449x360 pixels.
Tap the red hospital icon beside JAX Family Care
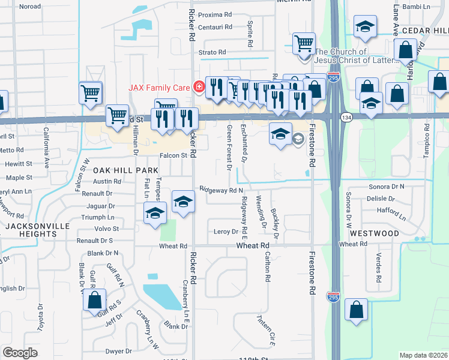[198, 87]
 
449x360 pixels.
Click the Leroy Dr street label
[226, 232]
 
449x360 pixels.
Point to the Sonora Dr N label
[385, 187]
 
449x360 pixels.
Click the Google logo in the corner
[20, 352]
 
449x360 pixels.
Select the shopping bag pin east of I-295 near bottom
[356, 310]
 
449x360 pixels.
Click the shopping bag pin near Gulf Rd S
[94, 301]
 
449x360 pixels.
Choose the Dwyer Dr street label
[118, 351]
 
